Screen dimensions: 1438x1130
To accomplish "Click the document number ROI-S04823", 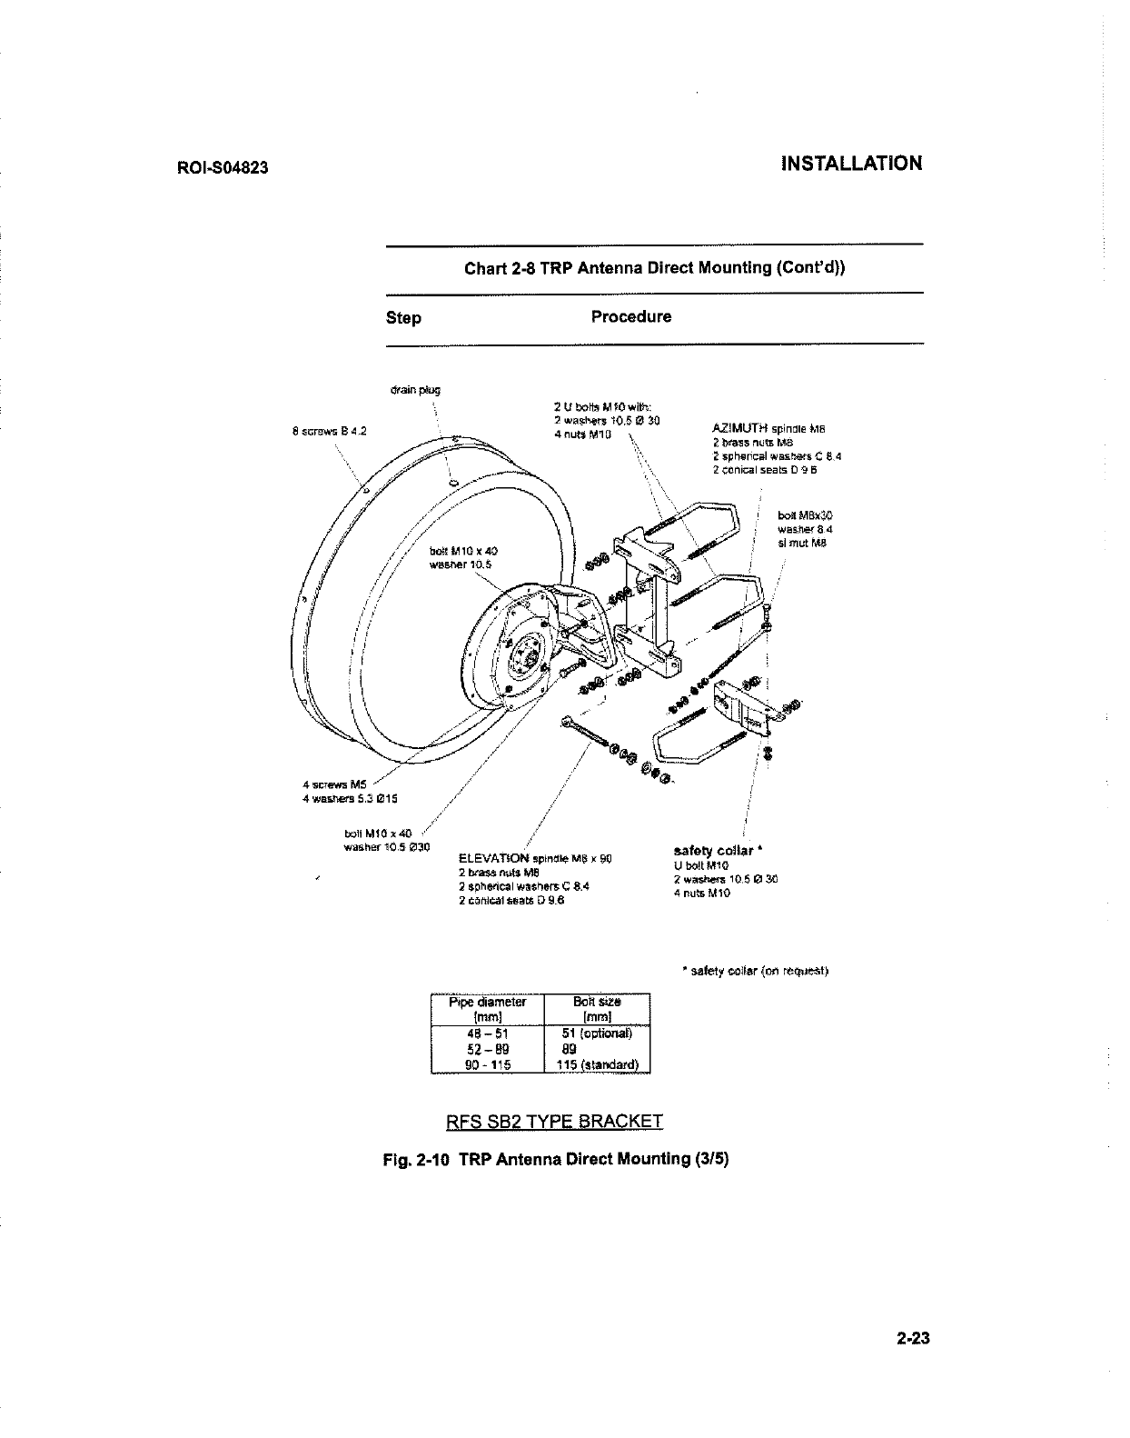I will click(222, 169).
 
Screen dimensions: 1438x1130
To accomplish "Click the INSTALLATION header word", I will click(851, 164).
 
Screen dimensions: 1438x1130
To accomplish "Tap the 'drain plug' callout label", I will click(414, 390).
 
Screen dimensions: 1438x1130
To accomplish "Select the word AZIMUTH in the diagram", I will click(739, 427).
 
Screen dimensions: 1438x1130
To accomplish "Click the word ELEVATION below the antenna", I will click(495, 857).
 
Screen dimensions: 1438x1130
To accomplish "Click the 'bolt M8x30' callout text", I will click(798, 515).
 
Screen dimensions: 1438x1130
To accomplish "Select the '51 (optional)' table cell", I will click(596, 1033).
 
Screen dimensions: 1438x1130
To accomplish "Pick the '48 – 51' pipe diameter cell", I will click(487, 1033).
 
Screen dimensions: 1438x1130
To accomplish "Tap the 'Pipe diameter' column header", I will click(488, 1003).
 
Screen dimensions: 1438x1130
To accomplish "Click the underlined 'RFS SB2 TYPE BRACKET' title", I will click(555, 1121).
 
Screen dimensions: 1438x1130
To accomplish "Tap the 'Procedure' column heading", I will click(631, 317).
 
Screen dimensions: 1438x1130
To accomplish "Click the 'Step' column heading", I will click(403, 318).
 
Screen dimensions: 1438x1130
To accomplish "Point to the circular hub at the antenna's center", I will click(525, 650).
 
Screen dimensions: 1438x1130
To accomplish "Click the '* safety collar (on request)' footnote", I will click(755, 971).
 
